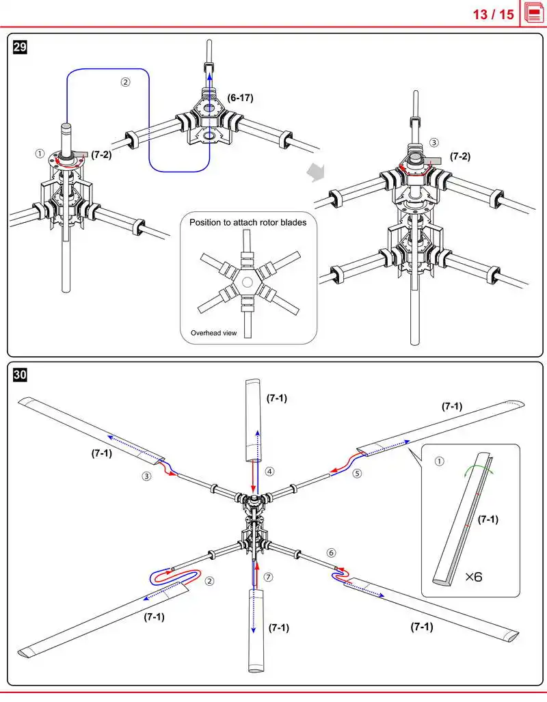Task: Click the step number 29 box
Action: click(20, 47)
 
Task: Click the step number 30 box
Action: click(20, 375)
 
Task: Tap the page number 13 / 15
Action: click(493, 14)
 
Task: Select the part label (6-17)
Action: click(240, 98)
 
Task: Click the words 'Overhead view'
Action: click(214, 333)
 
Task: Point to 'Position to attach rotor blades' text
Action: click(248, 222)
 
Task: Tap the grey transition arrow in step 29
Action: click(316, 172)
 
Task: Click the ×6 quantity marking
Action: click(474, 577)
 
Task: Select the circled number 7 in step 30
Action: click(268, 577)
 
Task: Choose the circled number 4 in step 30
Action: click(269, 472)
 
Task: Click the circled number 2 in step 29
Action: click(125, 82)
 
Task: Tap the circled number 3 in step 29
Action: click(433, 142)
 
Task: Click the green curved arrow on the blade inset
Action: click(479, 466)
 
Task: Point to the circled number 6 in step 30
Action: click(332, 553)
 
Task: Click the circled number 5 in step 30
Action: click(357, 473)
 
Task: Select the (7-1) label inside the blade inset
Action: click(488, 519)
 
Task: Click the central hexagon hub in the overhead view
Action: click(248, 282)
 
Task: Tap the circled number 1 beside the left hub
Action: click(40, 154)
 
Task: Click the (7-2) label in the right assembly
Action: click(460, 157)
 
